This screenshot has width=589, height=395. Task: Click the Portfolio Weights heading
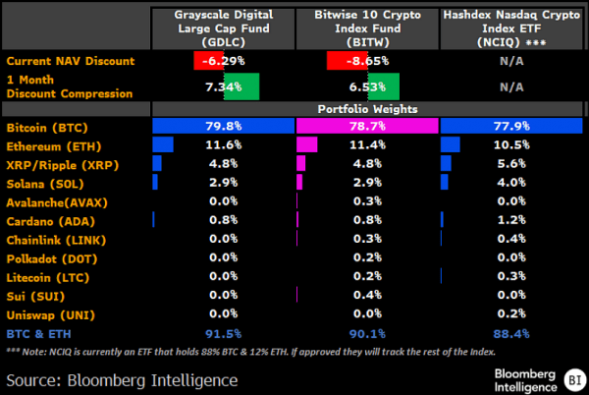click(368, 109)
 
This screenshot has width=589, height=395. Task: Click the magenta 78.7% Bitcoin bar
click(367, 127)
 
